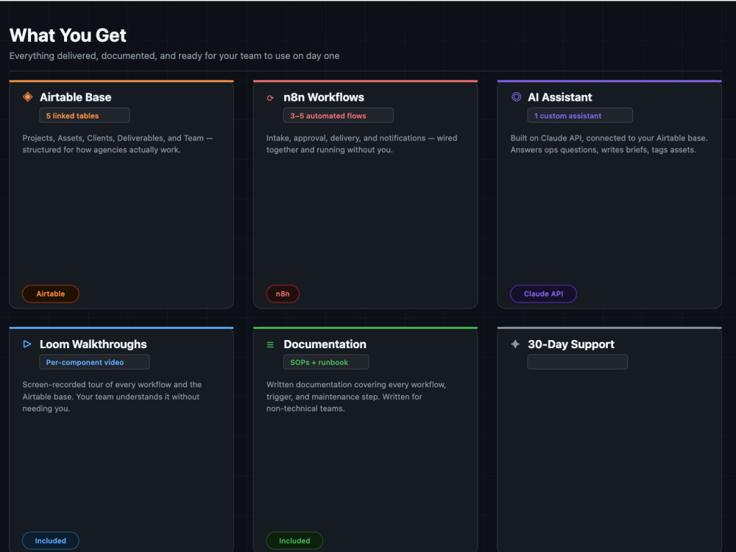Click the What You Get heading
point(68,35)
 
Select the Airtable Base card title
point(76,97)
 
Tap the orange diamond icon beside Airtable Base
point(28,96)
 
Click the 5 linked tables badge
point(85,116)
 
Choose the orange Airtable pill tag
point(51,294)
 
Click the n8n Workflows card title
point(324,97)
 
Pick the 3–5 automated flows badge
point(339,116)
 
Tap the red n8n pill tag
point(283,294)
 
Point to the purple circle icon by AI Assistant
point(516,96)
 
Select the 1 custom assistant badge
point(580,116)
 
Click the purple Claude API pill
point(544,294)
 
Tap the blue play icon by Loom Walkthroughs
point(27,344)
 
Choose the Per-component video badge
point(94,362)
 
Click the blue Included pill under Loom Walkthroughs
point(51,541)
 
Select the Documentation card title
point(325,344)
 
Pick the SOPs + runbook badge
point(326,362)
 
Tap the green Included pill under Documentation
point(295,541)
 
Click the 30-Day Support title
point(571,344)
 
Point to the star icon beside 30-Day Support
point(515,344)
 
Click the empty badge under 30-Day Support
point(577,362)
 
